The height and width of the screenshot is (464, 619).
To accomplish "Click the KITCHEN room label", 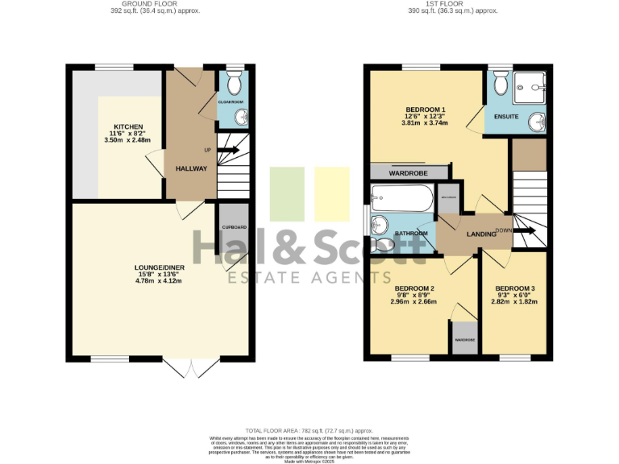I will point(128,127).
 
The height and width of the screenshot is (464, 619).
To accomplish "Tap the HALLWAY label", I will point(191,168).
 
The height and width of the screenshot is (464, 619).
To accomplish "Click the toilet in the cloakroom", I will point(235,84).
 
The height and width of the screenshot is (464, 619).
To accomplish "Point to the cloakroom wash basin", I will point(240,118).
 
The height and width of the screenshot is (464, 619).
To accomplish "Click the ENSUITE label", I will point(495,116).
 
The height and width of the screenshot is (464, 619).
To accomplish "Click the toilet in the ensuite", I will point(499,82).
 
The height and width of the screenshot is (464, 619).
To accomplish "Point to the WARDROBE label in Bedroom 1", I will point(408,172).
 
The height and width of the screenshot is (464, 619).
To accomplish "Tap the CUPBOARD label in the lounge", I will point(234,228).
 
